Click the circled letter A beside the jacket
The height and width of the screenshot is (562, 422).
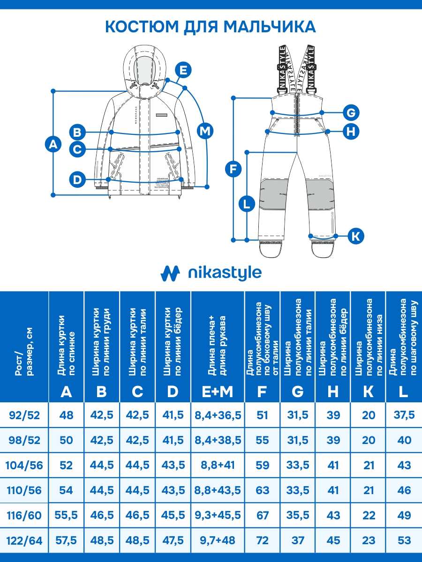coord(53,144)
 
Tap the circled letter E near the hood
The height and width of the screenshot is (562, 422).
coord(183,70)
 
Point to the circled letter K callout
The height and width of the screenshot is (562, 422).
coord(356,236)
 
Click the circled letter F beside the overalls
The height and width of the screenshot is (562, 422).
coord(234,169)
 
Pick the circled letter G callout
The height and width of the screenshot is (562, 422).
coord(351,112)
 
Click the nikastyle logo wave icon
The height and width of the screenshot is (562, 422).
coord(170,273)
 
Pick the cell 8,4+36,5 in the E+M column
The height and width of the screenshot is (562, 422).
coord(218,415)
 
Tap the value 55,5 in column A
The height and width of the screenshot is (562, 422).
coord(66,516)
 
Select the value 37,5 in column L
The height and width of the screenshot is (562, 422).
coord(404,415)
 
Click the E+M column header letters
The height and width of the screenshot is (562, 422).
coord(218,392)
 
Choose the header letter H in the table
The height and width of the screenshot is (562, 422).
coord(333,392)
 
